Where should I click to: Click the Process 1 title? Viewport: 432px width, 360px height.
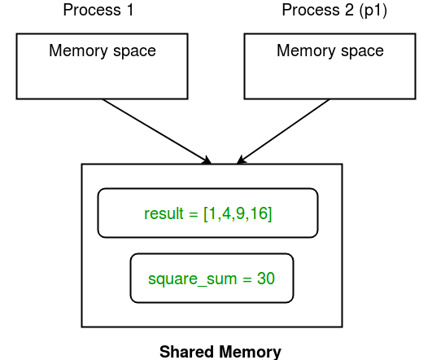tap(98, 11)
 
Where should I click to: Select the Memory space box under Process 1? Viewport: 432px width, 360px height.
tap(103, 67)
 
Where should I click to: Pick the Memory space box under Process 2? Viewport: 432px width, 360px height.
tap(330, 67)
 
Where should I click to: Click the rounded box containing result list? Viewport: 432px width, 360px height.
tap(207, 213)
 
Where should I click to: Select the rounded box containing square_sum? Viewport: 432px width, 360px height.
tap(212, 279)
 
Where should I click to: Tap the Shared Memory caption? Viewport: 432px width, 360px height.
tap(220, 352)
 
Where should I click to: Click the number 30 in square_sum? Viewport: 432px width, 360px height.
tap(266, 279)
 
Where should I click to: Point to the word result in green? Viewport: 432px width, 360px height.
tap(164, 214)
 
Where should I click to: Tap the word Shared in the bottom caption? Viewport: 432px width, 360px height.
tap(187, 352)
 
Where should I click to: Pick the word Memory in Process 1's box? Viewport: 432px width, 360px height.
tap(78, 50)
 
